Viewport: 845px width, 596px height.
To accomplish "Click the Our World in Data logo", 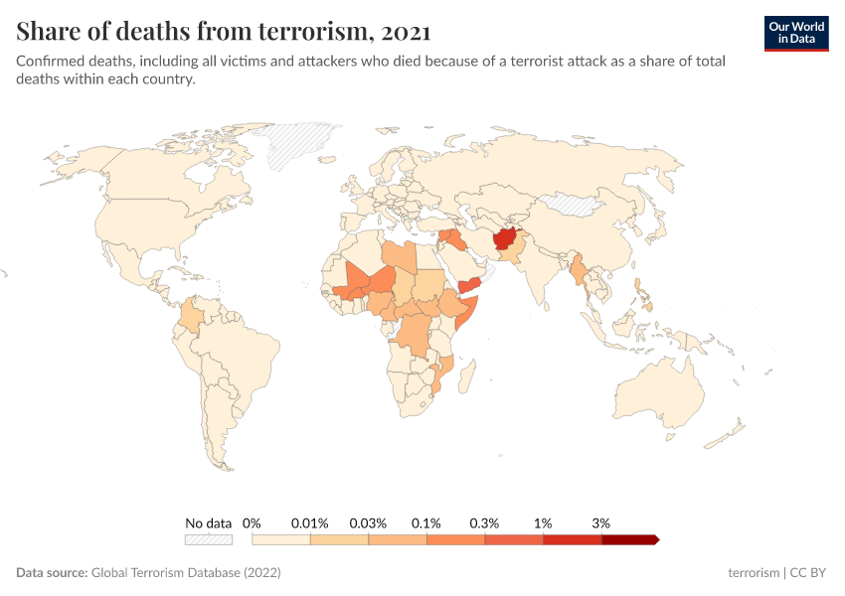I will pyautogui.click(x=796, y=33).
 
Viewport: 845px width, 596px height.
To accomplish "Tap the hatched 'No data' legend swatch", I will pyautogui.click(x=208, y=539).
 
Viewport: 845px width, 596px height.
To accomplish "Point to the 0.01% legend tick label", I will pyautogui.click(x=309, y=522).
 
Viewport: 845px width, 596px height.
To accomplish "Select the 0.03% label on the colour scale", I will pyautogui.click(x=368, y=522).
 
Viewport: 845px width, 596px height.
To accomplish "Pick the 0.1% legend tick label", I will pyautogui.click(x=426, y=522).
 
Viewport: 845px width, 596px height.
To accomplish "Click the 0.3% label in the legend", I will pyautogui.click(x=484, y=522).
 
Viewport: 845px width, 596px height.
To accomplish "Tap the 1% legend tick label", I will pyautogui.click(x=543, y=522).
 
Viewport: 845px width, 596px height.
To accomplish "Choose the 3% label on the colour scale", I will pyautogui.click(x=600, y=522).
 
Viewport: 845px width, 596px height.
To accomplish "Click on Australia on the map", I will pyautogui.click(x=660, y=391).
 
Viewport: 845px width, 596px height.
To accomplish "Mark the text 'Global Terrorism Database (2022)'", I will pyautogui.click(x=186, y=573).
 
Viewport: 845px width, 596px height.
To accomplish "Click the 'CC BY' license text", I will pyautogui.click(x=809, y=573).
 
